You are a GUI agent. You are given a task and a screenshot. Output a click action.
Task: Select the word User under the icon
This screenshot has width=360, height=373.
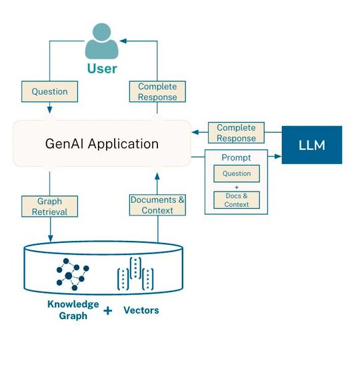tap(101, 68)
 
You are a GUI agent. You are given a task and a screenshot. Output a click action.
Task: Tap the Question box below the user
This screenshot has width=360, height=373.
tap(50, 91)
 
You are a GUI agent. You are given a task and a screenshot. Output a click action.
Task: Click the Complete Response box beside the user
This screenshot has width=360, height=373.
tap(157, 91)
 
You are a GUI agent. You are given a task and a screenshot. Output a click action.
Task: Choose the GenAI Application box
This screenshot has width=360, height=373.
tap(102, 143)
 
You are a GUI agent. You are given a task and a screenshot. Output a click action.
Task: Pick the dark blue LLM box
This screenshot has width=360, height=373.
tap(311, 144)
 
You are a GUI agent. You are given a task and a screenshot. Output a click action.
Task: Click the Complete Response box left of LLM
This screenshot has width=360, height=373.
tap(236, 133)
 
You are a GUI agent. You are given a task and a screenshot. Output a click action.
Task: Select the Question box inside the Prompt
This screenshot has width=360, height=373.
tap(237, 173)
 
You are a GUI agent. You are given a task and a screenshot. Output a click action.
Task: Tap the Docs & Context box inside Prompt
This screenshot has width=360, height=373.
tap(237, 200)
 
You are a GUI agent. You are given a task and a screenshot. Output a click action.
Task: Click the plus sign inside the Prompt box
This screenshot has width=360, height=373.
tap(236, 187)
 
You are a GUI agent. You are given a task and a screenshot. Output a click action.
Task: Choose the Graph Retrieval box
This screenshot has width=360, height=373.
tap(50, 206)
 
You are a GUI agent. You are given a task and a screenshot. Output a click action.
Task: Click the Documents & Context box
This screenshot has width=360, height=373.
tap(157, 205)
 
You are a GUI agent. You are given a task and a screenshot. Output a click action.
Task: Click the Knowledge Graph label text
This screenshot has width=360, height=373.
tap(73, 310)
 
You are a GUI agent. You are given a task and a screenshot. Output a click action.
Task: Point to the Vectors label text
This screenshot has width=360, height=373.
tap(141, 310)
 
